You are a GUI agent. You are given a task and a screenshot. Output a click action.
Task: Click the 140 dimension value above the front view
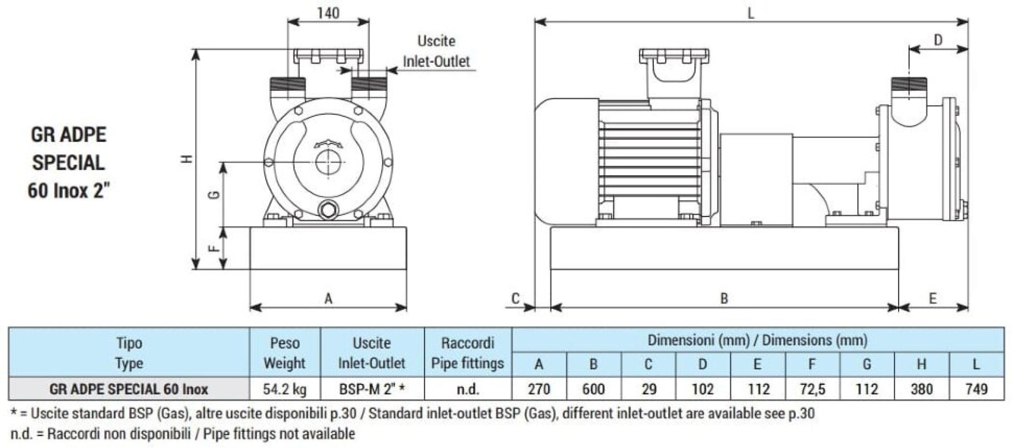pyautogui.click(x=328, y=13)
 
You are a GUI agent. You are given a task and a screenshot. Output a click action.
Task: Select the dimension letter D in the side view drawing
pyautogui.click(x=938, y=40)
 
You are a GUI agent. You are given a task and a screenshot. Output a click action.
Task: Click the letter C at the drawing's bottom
pyautogui.click(x=516, y=298)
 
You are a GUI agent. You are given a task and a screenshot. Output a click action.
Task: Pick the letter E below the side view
pyautogui.click(x=933, y=298)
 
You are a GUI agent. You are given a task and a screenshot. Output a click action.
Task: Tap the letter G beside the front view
pyautogui.click(x=216, y=195)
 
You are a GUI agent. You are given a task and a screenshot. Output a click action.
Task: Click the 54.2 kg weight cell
pyautogui.click(x=285, y=389)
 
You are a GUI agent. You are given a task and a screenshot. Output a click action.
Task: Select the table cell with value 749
pyautogui.click(x=976, y=389)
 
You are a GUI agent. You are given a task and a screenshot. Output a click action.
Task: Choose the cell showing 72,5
pyautogui.click(x=812, y=389)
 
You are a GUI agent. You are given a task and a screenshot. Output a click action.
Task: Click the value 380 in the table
pyautogui.click(x=921, y=389)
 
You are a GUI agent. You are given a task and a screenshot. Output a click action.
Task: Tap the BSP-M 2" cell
pyautogui.click(x=372, y=389)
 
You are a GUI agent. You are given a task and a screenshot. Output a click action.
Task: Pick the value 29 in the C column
pyautogui.click(x=648, y=389)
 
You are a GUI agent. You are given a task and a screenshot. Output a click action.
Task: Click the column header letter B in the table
pyautogui.click(x=593, y=364)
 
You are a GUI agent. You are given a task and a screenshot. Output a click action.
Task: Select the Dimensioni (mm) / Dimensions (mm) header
pyautogui.click(x=757, y=340)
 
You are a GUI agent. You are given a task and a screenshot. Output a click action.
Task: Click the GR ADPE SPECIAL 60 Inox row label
pyautogui.click(x=129, y=389)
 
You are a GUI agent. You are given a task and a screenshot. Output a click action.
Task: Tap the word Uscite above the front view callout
pyautogui.click(x=436, y=41)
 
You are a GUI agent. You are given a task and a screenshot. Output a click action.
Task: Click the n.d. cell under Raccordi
pyautogui.click(x=467, y=389)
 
